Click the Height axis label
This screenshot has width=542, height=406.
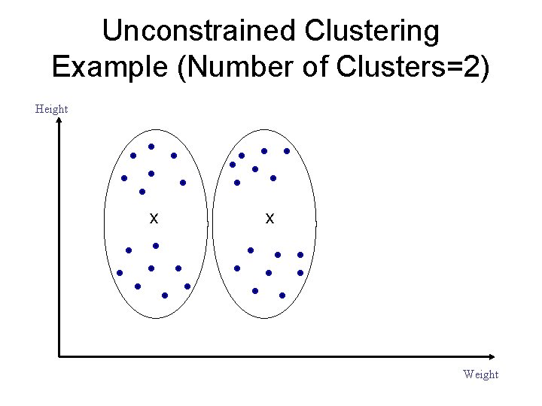tap(51, 109)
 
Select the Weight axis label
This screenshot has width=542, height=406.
tap(480, 374)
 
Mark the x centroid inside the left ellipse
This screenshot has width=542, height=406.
tap(154, 219)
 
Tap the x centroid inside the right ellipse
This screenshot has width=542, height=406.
tap(269, 219)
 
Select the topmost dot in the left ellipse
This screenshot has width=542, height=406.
tap(151, 146)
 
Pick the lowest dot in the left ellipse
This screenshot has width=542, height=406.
tap(164, 295)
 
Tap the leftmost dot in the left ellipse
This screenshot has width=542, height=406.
tap(120, 273)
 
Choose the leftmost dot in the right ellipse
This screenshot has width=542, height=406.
tap(233, 165)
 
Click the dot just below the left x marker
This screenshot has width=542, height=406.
tap(156, 246)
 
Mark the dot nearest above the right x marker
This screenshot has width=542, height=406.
tap(273, 178)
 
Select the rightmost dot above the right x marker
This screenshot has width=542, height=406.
tap(287, 151)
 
